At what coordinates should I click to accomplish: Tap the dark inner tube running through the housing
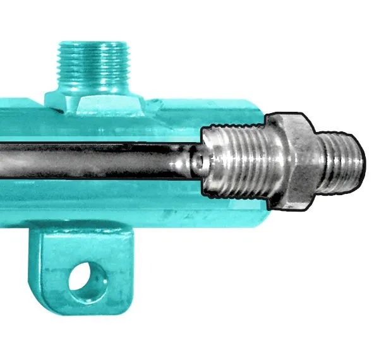(x=95, y=161)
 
